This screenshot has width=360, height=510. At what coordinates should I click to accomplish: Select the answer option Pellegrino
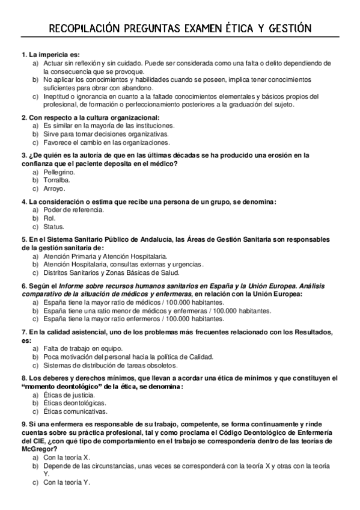59,172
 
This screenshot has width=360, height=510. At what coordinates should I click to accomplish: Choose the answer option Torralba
56,180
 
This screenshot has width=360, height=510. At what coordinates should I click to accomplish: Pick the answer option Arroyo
54,188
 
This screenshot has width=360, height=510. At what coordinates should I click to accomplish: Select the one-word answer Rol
49,218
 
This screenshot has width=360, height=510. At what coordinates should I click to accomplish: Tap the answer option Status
53,227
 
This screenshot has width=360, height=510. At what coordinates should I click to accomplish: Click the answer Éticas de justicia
69,395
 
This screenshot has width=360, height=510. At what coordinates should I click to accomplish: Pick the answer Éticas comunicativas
75,412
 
